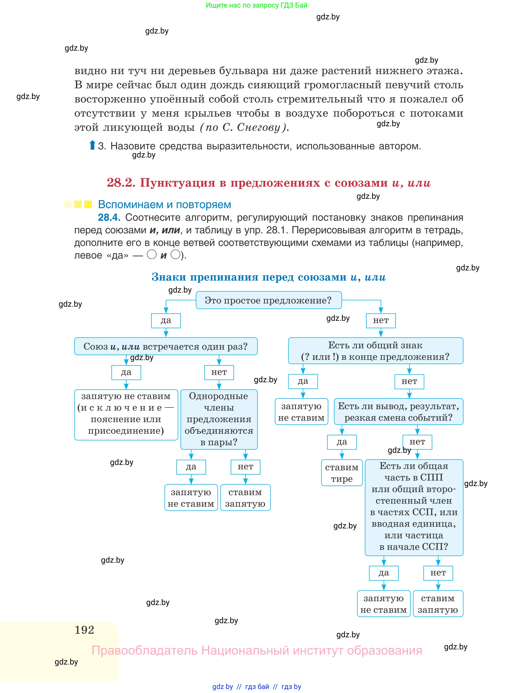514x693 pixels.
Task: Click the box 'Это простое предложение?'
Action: tap(268, 300)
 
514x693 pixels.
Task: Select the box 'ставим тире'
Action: tap(342, 472)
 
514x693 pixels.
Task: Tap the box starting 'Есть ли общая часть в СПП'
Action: tap(414, 507)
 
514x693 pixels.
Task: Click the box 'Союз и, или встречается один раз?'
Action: tap(166, 346)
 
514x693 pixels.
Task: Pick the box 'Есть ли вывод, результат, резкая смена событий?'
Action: tap(398, 411)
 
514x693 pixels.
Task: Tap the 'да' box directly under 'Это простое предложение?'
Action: tap(166, 321)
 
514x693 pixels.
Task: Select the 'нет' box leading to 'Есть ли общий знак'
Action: tap(380, 321)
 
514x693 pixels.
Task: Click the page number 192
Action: tap(84, 630)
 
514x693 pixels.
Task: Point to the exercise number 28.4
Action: tap(109, 217)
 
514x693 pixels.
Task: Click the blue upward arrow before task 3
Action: tap(92, 145)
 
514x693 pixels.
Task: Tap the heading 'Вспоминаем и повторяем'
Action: tap(164, 204)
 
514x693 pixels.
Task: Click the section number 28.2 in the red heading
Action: tap(121, 183)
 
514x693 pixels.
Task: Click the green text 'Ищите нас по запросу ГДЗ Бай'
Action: tap(256, 5)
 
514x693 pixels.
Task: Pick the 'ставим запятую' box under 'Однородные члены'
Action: tap(245, 498)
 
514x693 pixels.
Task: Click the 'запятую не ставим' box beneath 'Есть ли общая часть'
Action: tap(383, 604)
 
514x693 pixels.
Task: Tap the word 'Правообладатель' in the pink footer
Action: tap(144, 650)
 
